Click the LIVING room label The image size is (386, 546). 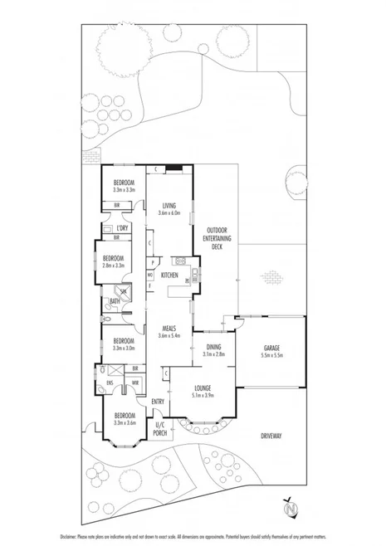point(169,205)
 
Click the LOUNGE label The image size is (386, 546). point(203,388)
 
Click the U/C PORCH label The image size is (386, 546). point(161,429)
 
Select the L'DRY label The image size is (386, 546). point(122,228)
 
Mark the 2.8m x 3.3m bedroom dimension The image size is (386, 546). point(114,266)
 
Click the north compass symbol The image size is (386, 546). point(291,505)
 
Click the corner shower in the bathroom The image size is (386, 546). point(124,292)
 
